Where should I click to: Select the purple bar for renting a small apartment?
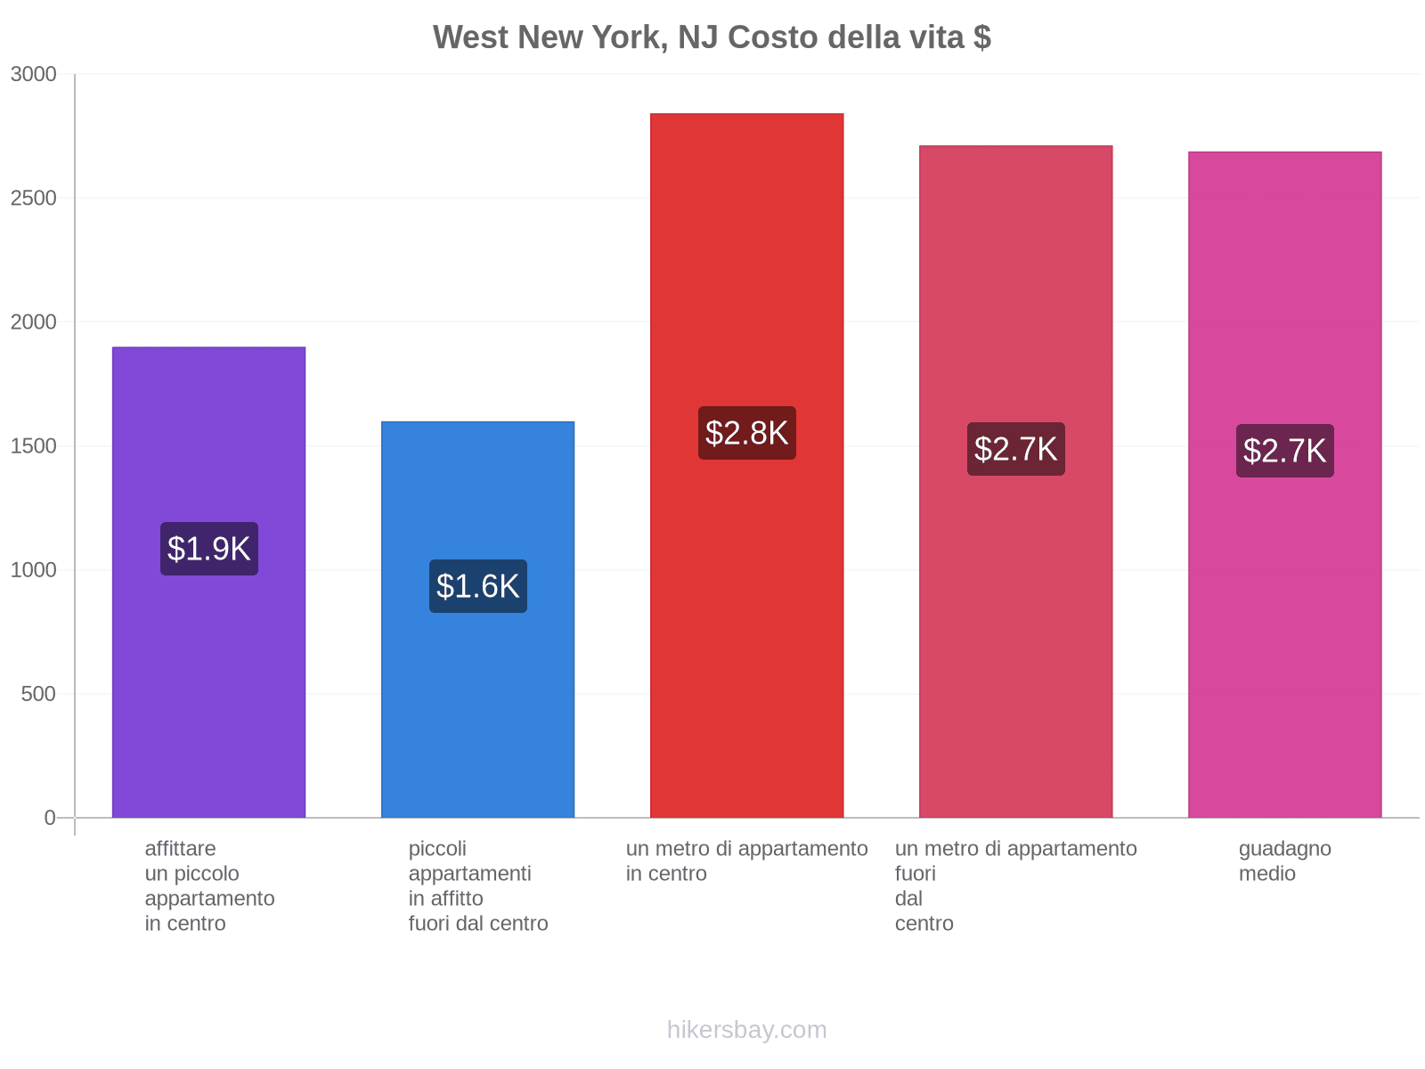[208, 677]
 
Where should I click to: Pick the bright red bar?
[746, 624]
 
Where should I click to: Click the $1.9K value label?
[209, 549]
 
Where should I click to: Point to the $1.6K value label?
[477, 586]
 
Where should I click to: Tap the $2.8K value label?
[746, 433]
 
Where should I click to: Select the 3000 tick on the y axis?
[34, 75]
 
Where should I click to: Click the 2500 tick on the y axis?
[34, 199]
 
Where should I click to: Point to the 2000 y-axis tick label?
[34, 322]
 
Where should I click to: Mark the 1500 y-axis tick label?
[34, 446]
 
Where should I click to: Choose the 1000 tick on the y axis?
[34, 570]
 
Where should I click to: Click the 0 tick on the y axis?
[50, 818]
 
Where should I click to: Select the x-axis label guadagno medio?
[1284, 861]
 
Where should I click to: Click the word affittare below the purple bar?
[180, 849]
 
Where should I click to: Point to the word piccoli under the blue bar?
[437, 849]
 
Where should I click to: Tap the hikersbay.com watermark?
[746, 1030]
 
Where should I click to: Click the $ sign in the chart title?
[981, 37]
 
